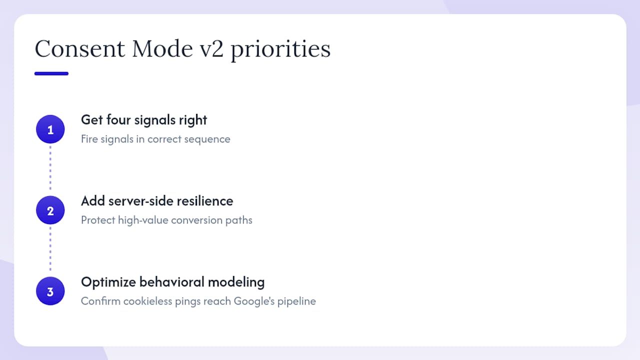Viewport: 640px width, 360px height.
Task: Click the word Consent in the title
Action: pyautogui.click(x=79, y=48)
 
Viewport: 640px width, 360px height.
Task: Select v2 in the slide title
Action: pyautogui.click(x=211, y=49)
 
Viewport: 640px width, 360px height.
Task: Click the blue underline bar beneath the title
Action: pyautogui.click(x=51, y=73)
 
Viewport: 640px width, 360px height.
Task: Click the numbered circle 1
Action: pyautogui.click(x=50, y=129)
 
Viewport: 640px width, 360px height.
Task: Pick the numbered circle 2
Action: pyautogui.click(x=50, y=210)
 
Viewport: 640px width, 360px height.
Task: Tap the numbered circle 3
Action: pyautogui.click(x=50, y=291)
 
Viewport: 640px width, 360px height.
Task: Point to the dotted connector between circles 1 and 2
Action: pyautogui.click(x=50, y=168)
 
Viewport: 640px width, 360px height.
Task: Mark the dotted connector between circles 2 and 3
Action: pyautogui.click(x=50, y=249)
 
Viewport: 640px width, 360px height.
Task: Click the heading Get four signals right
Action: pyautogui.click(x=144, y=120)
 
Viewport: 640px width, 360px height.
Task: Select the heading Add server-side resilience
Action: pyautogui.click(x=157, y=201)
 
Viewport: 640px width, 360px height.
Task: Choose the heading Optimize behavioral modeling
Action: pyautogui.click(x=173, y=282)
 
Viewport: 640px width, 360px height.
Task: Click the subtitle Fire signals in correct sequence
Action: pyautogui.click(x=155, y=139)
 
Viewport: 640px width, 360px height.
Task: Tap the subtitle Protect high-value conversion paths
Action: pyautogui.click(x=166, y=220)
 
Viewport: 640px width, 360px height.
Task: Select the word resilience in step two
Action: pyautogui.click(x=205, y=201)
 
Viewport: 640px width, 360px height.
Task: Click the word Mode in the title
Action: pyautogui.click(x=162, y=48)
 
